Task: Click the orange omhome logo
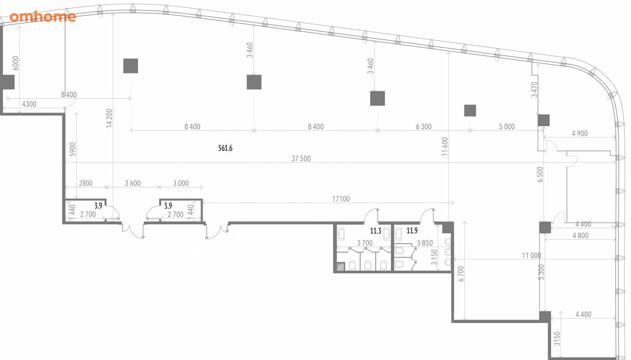pos(43,17)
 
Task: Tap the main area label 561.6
pos(225,148)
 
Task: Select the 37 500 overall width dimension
pos(301,159)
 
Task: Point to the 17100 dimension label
pos(341,199)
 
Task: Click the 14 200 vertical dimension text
pos(109,118)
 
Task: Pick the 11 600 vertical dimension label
pos(445,146)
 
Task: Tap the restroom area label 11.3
pos(376,231)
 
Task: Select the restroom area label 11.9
pos(412,231)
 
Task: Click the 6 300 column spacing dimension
pos(423,127)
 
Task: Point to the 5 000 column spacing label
pos(507,127)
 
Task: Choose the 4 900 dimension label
pos(580,133)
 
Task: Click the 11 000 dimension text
pos(531,255)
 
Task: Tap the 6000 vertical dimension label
pos(16,63)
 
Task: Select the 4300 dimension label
pos(29,104)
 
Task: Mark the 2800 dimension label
pos(86,183)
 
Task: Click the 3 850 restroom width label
pos(425,243)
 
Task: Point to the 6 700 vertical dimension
pos(461,274)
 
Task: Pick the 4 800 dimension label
pos(580,236)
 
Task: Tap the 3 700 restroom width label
pos(365,243)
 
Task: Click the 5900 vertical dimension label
pos(72,149)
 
